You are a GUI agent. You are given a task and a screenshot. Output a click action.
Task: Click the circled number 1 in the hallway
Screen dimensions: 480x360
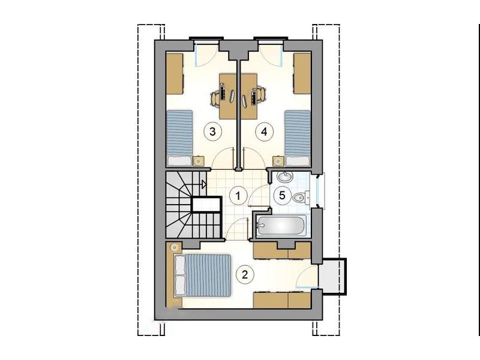click(238, 196)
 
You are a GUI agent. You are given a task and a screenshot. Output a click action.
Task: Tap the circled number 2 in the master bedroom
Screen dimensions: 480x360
click(244, 275)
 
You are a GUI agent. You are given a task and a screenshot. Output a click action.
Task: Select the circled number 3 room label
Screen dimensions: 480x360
click(212, 131)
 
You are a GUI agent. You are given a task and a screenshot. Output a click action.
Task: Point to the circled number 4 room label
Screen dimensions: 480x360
click(264, 131)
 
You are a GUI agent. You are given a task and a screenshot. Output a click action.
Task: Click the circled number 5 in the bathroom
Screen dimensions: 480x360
click(282, 195)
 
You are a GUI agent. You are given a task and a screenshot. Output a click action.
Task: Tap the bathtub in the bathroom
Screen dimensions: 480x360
click(281, 226)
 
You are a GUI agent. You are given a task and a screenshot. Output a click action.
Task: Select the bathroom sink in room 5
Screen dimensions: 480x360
click(285, 176)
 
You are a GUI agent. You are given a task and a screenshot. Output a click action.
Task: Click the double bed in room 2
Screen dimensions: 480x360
click(202, 275)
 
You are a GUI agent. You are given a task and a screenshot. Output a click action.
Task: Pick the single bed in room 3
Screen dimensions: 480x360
click(179, 139)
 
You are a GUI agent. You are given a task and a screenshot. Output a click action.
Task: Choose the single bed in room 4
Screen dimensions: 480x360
click(298, 139)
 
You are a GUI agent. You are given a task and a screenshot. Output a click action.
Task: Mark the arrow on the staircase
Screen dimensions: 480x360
click(204, 184)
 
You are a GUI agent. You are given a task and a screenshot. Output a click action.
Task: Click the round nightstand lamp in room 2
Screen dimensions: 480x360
click(175, 247)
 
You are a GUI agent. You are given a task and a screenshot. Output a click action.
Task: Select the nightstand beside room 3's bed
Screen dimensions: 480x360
click(199, 161)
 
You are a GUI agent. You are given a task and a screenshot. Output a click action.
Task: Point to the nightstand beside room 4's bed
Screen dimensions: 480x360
click(278, 161)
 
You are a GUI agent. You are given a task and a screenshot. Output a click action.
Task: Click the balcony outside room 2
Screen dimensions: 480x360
click(332, 277)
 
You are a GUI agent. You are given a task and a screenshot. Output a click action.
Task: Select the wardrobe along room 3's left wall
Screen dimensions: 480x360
click(175, 74)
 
